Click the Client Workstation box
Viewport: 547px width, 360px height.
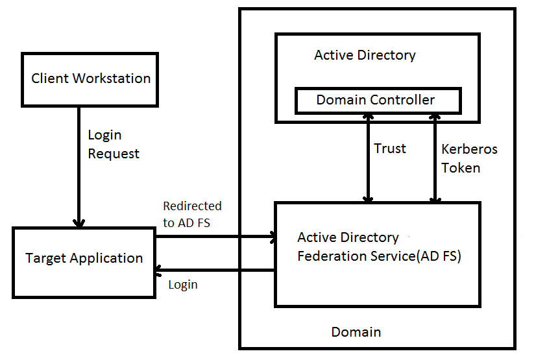pyautogui.click(x=90, y=79)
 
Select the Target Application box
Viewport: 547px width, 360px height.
pyautogui.click(x=84, y=262)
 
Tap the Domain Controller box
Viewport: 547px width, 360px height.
pyautogui.click(x=378, y=101)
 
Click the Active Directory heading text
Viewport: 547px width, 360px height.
pyautogui.click(x=365, y=55)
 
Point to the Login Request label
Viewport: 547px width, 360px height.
pyautogui.click(x=114, y=145)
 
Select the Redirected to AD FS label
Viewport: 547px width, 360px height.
pyautogui.click(x=191, y=214)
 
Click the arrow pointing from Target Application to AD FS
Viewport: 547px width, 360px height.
pyautogui.click(x=214, y=237)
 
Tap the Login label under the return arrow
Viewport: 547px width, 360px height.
pyautogui.click(x=183, y=285)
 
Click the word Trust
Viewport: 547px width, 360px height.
pyautogui.click(x=390, y=149)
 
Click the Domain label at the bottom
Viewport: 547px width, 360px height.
pyautogui.click(x=356, y=332)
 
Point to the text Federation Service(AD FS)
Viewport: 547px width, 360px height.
pyautogui.click(x=379, y=256)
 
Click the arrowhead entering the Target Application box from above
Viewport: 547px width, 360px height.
pyautogui.click(x=79, y=222)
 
